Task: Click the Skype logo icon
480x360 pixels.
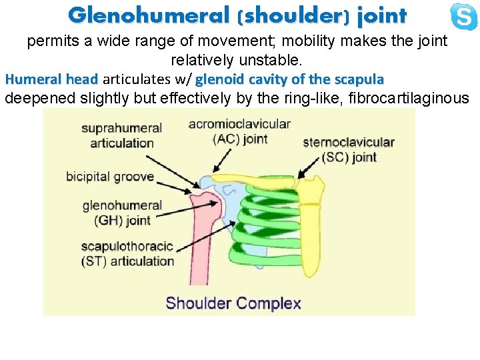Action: (463, 16)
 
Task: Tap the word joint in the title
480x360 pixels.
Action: (381, 15)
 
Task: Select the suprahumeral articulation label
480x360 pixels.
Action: (122, 135)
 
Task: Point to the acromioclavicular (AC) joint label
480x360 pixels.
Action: (239, 131)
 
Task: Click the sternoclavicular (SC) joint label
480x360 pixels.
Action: (348, 149)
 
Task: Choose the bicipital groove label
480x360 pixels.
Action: (110, 177)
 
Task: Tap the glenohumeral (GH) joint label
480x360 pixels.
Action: (122, 213)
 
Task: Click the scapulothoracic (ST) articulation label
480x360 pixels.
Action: (127, 253)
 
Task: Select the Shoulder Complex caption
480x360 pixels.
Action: (233, 303)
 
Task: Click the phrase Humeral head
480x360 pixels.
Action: (51, 79)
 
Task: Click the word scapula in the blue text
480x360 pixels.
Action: (359, 79)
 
